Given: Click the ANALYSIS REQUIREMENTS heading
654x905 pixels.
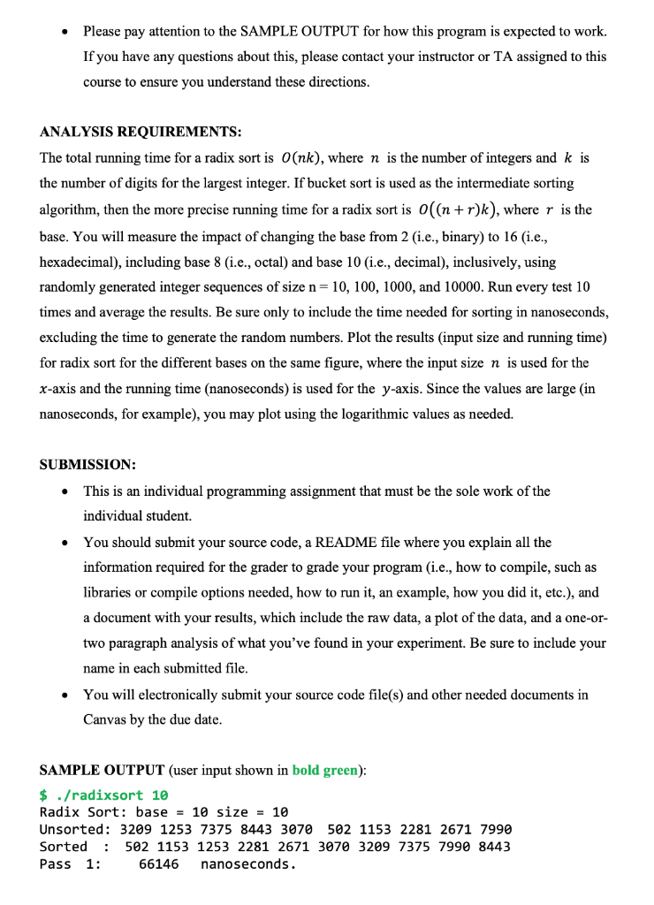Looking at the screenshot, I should pyautogui.click(x=141, y=132).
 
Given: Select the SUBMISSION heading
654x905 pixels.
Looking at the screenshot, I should pyautogui.click(x=87, y=464).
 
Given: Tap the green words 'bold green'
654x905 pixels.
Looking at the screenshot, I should pyautogui.click(x=324, y=770).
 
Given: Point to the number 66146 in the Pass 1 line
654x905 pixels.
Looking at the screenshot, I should pyautogui.click(x=159, y=863).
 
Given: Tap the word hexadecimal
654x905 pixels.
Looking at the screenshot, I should pyautogui.click(x=80, y=261).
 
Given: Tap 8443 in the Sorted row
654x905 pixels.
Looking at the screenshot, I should pyautogui.click(x=492, y=846).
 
